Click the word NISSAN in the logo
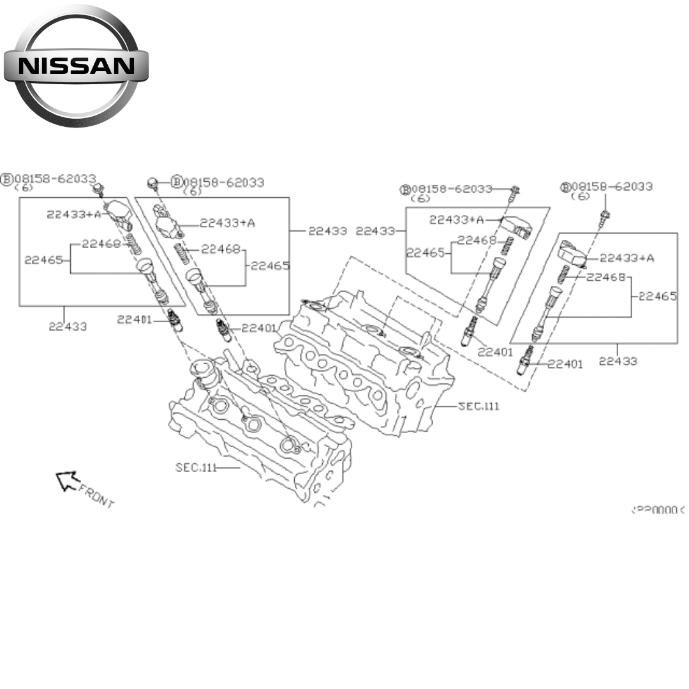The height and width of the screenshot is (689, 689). (76, 66)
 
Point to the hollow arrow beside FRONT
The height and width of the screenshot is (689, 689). (66, 480)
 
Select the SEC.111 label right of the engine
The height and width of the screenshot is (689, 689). (478, 406)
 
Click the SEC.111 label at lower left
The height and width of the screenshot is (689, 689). (196, 468)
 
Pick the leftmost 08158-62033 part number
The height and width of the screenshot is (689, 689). (56, 179)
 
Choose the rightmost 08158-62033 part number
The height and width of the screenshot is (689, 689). (612, 186)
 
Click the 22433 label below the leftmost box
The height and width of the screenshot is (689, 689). (68, 327)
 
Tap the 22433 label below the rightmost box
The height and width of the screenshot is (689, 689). (618, 361)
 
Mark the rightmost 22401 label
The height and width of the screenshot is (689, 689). (565, 364)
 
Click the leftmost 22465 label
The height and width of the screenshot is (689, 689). (43, 260)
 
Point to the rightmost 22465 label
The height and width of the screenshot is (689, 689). (657, 296)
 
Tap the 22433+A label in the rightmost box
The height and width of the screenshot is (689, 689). (627, 258)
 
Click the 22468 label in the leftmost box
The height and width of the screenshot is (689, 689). (101, 243)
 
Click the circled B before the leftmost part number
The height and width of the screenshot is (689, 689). (7, 179)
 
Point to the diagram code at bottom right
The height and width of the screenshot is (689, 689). (657, 510)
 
